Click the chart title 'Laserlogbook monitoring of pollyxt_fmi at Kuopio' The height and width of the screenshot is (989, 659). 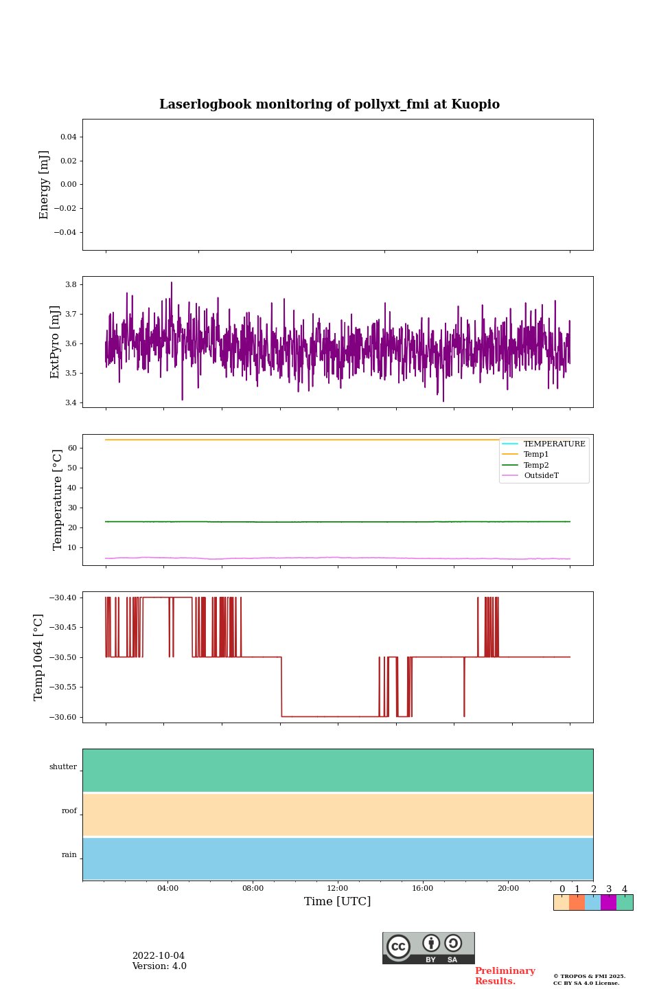pyautogui.click(x=329, y=104)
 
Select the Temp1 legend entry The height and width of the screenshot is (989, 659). pyautogui.click(x=536, y=455)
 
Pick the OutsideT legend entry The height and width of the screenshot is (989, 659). pyautogui.click(x=541, y=476)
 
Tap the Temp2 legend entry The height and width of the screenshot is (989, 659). pyautogui.click(x=536, y=466)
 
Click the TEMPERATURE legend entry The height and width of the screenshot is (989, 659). pyautogui.click(x=554, y=444)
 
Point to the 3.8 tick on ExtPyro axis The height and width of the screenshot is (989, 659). pyautogui.click(x=70, y=284)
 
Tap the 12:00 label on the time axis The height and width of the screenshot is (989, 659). pyautogui.click(x=338, y=889)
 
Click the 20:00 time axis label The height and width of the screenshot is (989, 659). pyautogui.click(x=508, y=889)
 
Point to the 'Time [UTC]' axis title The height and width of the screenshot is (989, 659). pyautogui.click(x=338, y=902)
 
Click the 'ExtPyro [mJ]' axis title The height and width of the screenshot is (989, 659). pyautogui.click(x=56, y=342)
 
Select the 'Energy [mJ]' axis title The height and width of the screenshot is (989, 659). pyautogui.click(x=45, y=185)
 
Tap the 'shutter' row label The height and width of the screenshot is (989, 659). pyautogui.click(x=63, y=767)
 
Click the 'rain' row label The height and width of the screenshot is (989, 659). pyautogui.click(x=69, y=855)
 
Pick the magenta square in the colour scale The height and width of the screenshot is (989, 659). pyautogui.click(x=608, y=902)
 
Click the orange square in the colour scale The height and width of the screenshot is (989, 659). pyautogui.click(x=577, y=902)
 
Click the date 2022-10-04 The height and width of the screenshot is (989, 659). pyautogui.click(x=159, y=956)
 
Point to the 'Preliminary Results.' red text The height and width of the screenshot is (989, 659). pyautogui.click(x=505, y=976)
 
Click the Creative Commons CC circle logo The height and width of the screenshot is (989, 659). pyautogui.click(x=398, y=946)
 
